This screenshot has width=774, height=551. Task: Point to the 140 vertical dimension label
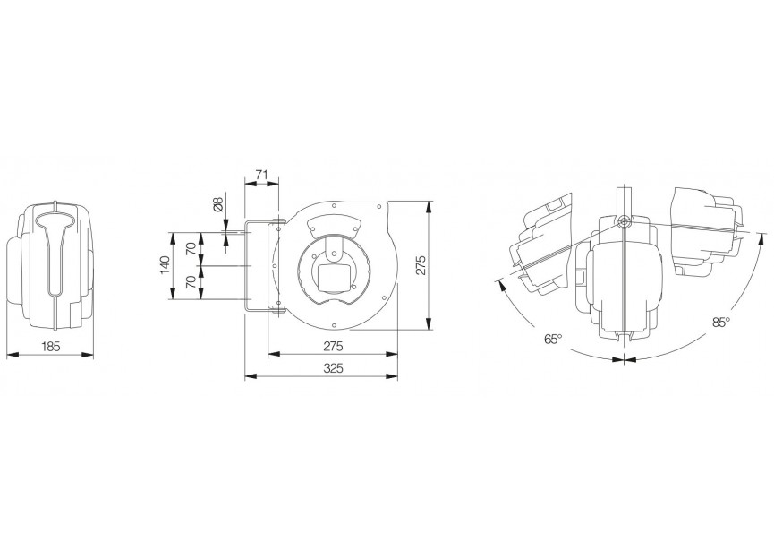click(164, 266)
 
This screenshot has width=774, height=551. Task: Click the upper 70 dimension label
click(190, 248)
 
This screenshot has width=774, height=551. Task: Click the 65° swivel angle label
click(552, 340)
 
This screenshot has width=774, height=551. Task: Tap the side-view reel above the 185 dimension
click(55, 265)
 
